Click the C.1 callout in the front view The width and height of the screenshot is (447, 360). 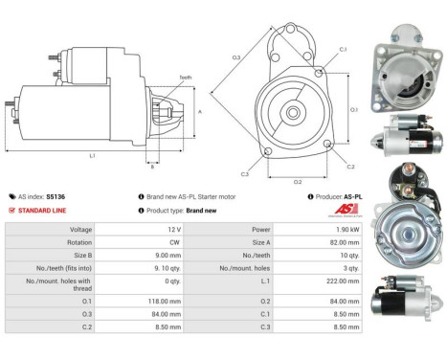tap(342, 49)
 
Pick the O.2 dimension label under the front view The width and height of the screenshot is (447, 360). tap(297, 180)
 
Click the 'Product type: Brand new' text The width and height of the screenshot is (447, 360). tap(184, 211)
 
